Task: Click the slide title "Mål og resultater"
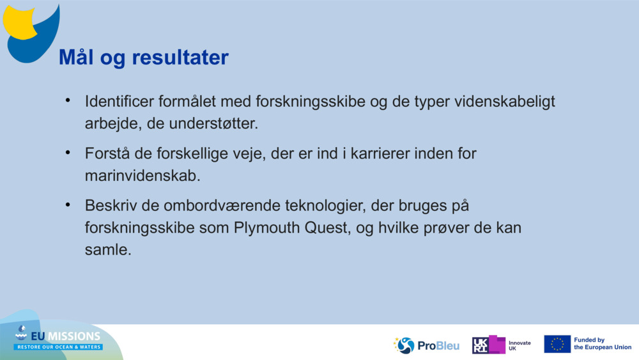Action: (x=143, y=58)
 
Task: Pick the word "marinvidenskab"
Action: (x=142, y=176)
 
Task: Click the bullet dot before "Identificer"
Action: (x=68, y=101)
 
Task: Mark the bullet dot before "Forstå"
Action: (x=68, y=153)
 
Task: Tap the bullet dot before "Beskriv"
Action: (x=68, y=206)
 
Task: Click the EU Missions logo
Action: (x=58, y=339)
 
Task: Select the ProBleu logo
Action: (x=426, y=345)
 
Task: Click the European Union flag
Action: (x=557, y=344)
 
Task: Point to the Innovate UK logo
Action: (x=501, y=345)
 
